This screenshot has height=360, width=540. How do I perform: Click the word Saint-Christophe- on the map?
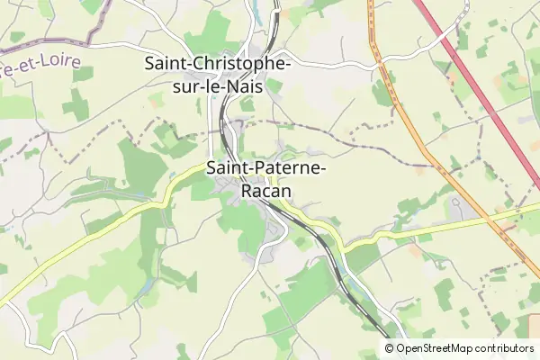point(217,65)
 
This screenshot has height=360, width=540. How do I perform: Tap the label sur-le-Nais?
point(217,86)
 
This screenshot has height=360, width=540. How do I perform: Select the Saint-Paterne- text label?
point(266,167)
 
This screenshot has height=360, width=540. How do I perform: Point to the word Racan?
point(265,190)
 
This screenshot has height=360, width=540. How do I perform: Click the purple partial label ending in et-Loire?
point(40,66)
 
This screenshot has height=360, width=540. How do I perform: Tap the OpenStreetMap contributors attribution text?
point(464,348)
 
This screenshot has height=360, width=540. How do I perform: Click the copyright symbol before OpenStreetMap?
point(390,348)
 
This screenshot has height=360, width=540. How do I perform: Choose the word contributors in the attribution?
point(505,348)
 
